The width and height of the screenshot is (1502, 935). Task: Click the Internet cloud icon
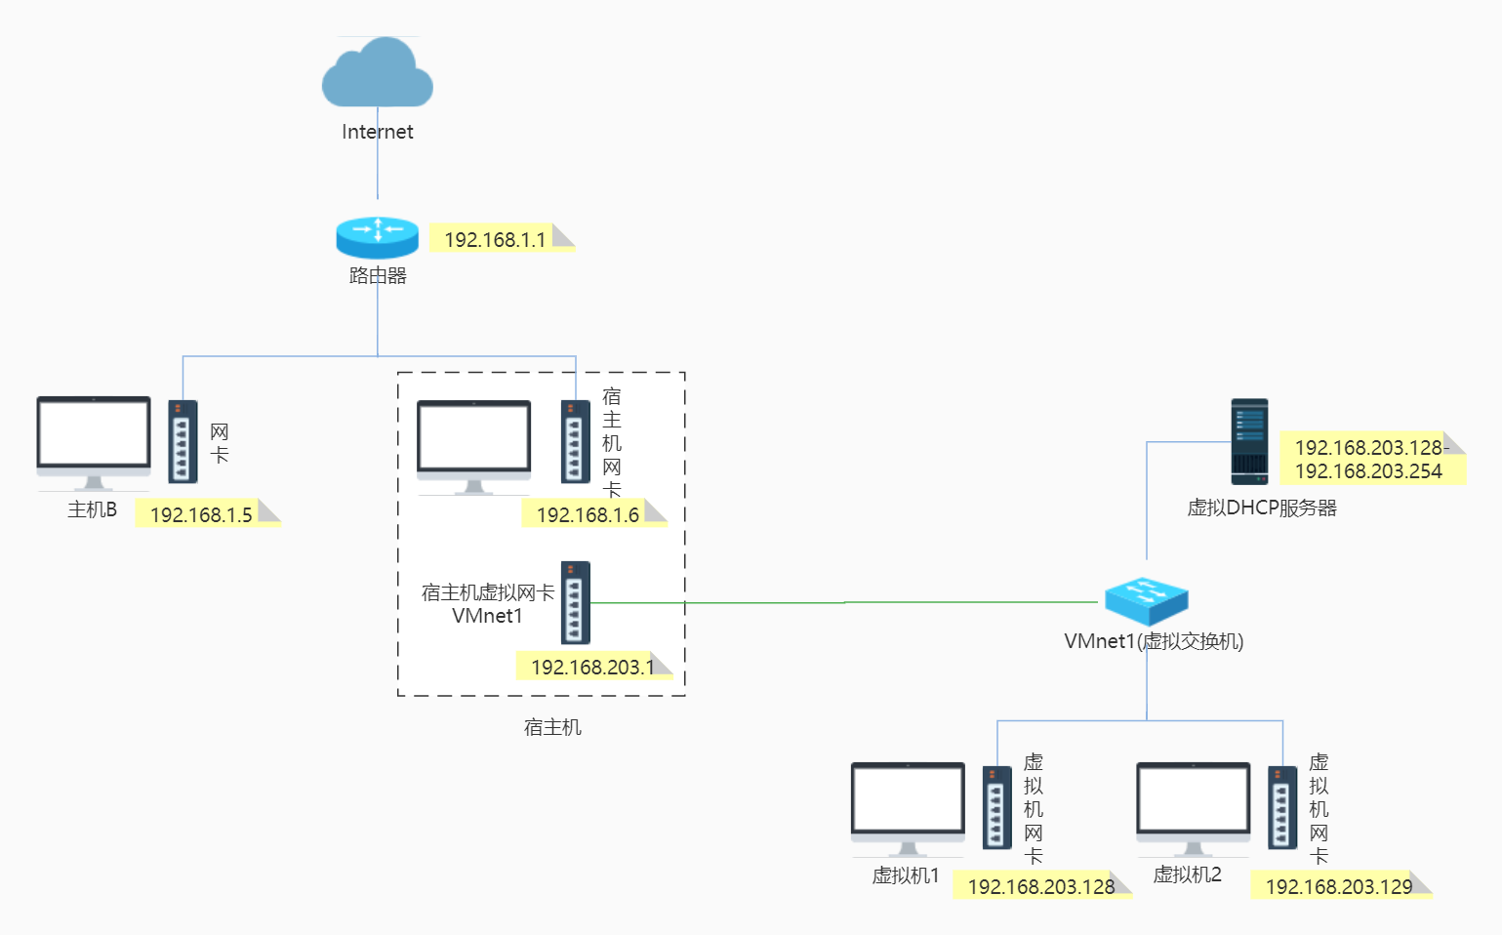pos(378,73)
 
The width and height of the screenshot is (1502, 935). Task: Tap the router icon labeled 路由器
pos(378,237)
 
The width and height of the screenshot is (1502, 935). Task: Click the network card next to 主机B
pos(183,441)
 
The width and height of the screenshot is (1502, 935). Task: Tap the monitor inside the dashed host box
pos(473,445)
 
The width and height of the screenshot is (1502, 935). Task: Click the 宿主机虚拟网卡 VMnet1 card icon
pos(575,602)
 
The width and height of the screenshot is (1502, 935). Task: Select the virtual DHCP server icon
pos(1249,441)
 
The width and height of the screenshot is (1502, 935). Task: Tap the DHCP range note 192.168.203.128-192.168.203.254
pos(1371,459)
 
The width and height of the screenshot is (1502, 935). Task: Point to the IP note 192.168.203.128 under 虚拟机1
pos(1041,885)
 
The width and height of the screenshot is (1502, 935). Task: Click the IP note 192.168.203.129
pos(1340,885)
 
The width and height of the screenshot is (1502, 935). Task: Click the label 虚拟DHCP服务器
pos(1261,508)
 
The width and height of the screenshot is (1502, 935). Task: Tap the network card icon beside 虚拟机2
pos(1281,807)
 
